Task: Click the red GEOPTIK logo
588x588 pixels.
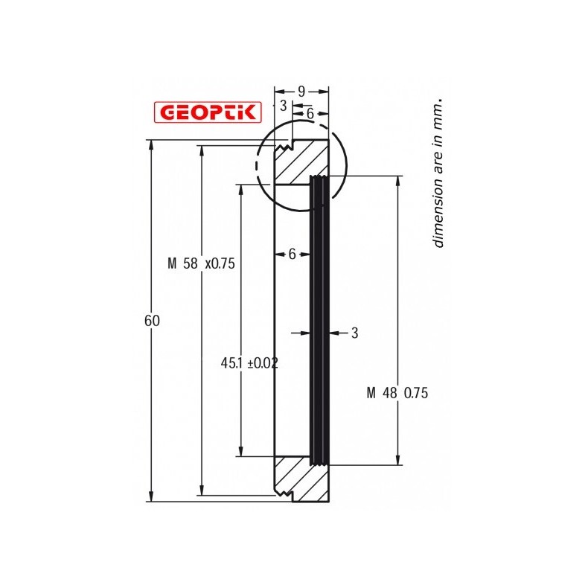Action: (x=207, y=112)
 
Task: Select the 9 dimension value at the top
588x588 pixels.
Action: (x=301, y=92)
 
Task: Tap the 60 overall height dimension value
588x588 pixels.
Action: (x=152, y=321)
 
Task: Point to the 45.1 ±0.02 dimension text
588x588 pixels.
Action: (x=249, y=363)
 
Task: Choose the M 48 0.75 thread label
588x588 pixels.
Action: (x=397, y=394)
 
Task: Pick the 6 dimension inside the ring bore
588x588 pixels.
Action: (x=292, y=254)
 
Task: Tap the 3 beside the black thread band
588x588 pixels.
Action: (x=354, y=333)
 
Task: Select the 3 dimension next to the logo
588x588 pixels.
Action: (x=283, y=106)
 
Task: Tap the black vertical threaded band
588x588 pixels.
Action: (x=319, y=320)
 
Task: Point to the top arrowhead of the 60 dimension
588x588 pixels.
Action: (x=152, y=144)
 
